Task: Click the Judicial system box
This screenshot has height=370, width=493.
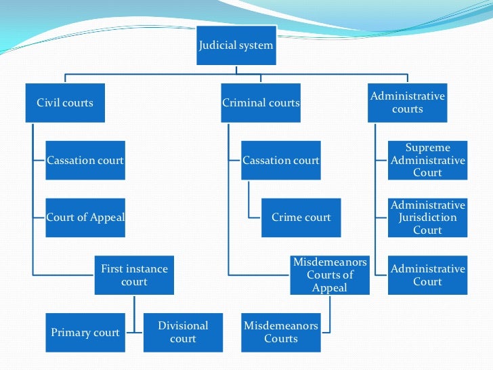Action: tap(236, 45)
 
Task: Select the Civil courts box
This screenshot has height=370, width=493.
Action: tap(65, 103)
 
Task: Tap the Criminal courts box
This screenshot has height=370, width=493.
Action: tap(261, 103)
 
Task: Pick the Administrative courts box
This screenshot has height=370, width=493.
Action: tap(408, 102)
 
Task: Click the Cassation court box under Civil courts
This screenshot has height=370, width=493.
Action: tap(85, 161)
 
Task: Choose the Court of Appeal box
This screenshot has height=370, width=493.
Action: tap(85, 218)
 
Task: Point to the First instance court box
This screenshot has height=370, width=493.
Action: tap(134, 275)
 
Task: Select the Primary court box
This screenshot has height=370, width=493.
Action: tap(85, 333)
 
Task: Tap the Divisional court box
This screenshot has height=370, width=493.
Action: tap(183, 333)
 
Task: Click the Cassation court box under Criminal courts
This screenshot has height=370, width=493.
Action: tap(281, 161)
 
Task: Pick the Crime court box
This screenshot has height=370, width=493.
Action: tap(301, 218)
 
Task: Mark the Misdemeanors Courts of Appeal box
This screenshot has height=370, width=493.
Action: tap(330, 274)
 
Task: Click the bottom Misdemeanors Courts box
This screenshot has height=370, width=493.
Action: tap(281, 333)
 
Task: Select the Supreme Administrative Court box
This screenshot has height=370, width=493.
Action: tap(427, 160)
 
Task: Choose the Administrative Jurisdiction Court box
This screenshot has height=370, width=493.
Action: tap(427, 218)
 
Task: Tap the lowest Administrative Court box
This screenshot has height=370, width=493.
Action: tap(427, 275)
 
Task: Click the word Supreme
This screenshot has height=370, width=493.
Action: tap(427, 148)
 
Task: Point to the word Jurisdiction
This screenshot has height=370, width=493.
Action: tap(427, 218)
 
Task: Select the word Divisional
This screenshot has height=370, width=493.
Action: tap(183, 326)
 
